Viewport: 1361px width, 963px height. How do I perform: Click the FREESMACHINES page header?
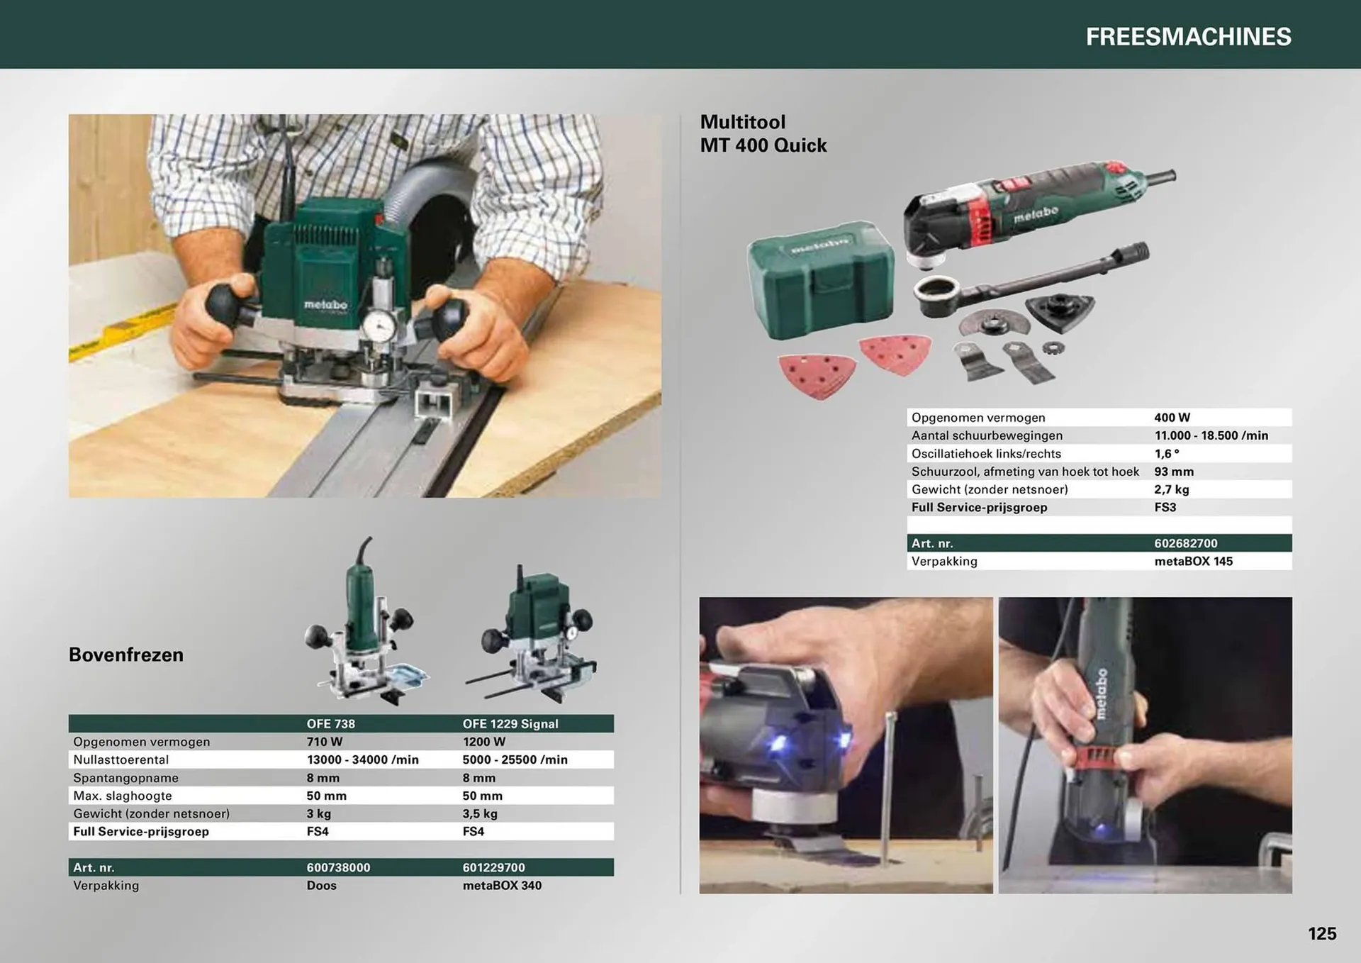1188,37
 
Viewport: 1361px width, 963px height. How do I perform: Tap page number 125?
1322,933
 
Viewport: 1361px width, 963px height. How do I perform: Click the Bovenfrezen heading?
126,655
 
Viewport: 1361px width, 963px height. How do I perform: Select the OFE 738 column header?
330,723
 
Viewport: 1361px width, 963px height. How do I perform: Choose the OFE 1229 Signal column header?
510,723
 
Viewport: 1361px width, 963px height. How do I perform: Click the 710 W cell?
325,742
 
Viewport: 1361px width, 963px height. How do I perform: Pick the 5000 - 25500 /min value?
515,759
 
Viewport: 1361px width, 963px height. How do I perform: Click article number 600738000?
338,867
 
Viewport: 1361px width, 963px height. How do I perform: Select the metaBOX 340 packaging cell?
502,885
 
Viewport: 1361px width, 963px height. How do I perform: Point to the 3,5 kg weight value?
480,813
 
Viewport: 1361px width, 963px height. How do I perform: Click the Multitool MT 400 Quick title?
763,133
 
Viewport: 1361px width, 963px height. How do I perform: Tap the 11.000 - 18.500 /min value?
1211,435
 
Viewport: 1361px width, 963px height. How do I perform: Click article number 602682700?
1185,543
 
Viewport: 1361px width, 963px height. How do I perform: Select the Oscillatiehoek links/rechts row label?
986,454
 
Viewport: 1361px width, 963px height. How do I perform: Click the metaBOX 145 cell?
1193,561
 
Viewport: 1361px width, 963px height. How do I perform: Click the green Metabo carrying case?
820,279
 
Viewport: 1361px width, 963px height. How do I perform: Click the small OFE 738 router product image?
365,628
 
